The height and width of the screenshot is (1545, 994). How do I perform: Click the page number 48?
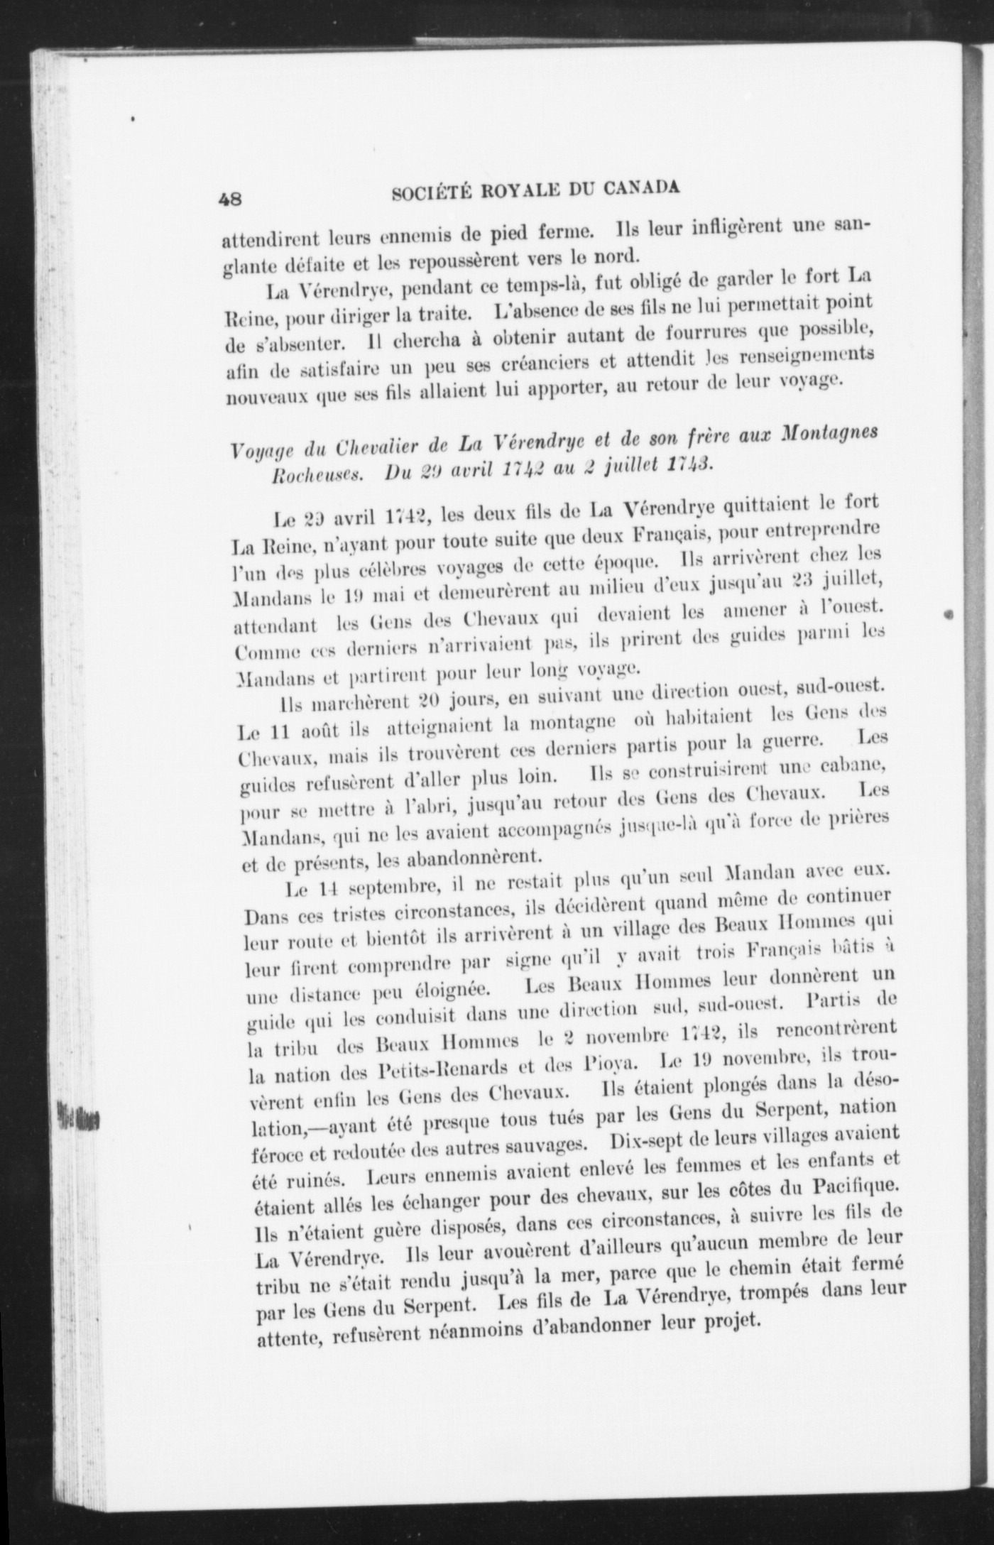pyautogui.click(x=231, y=199)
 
